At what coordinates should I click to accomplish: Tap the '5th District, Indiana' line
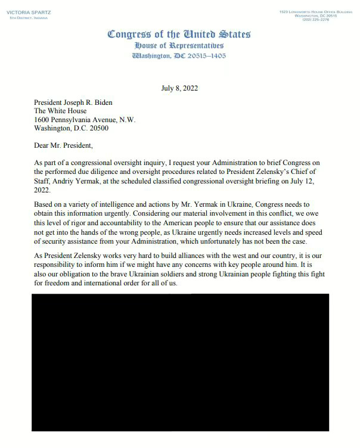(x=27, y=18)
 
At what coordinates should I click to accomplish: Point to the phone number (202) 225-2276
(x=315, y=20)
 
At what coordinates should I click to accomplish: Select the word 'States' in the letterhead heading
(x=230, y=35)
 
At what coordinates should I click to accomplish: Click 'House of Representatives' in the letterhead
(x=179, y=46)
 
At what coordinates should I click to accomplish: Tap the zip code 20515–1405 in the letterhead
(x=206, y=56)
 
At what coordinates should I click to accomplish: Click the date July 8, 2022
(x=179, y=88)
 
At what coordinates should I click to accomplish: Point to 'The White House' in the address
(x=60, y=111)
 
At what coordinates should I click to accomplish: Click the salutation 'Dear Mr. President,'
(x=64, y=145)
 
